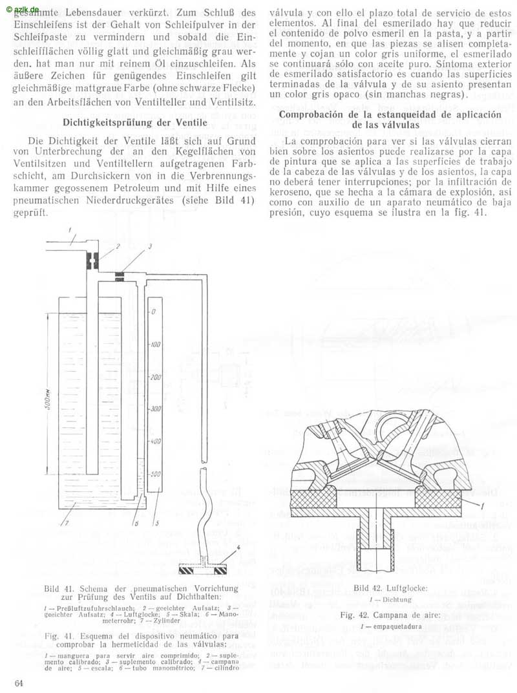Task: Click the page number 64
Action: [x=19, y=683]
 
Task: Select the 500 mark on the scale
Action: [x=155, y=474]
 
